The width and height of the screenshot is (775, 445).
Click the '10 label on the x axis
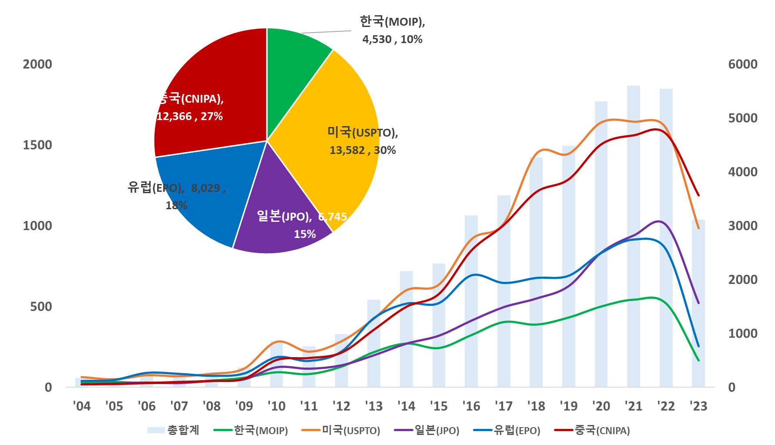pyautogui.click(x=276, y=406)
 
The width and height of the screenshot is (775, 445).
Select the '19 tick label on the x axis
pyautogui.click(x=568, y=406)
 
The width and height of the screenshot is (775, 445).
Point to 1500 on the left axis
pyautogui.click(x=37, y=145)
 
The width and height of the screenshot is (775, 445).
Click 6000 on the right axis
pyautogui.click(x=743, y=64)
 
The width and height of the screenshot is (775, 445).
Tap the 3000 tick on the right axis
pyautogui.click(x=743, y=226)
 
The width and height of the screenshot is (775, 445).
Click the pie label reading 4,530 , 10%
pyautogui.click(x=392, y=40)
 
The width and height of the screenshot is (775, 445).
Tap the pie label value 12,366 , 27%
pyautogui.click(x=190, y=117)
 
